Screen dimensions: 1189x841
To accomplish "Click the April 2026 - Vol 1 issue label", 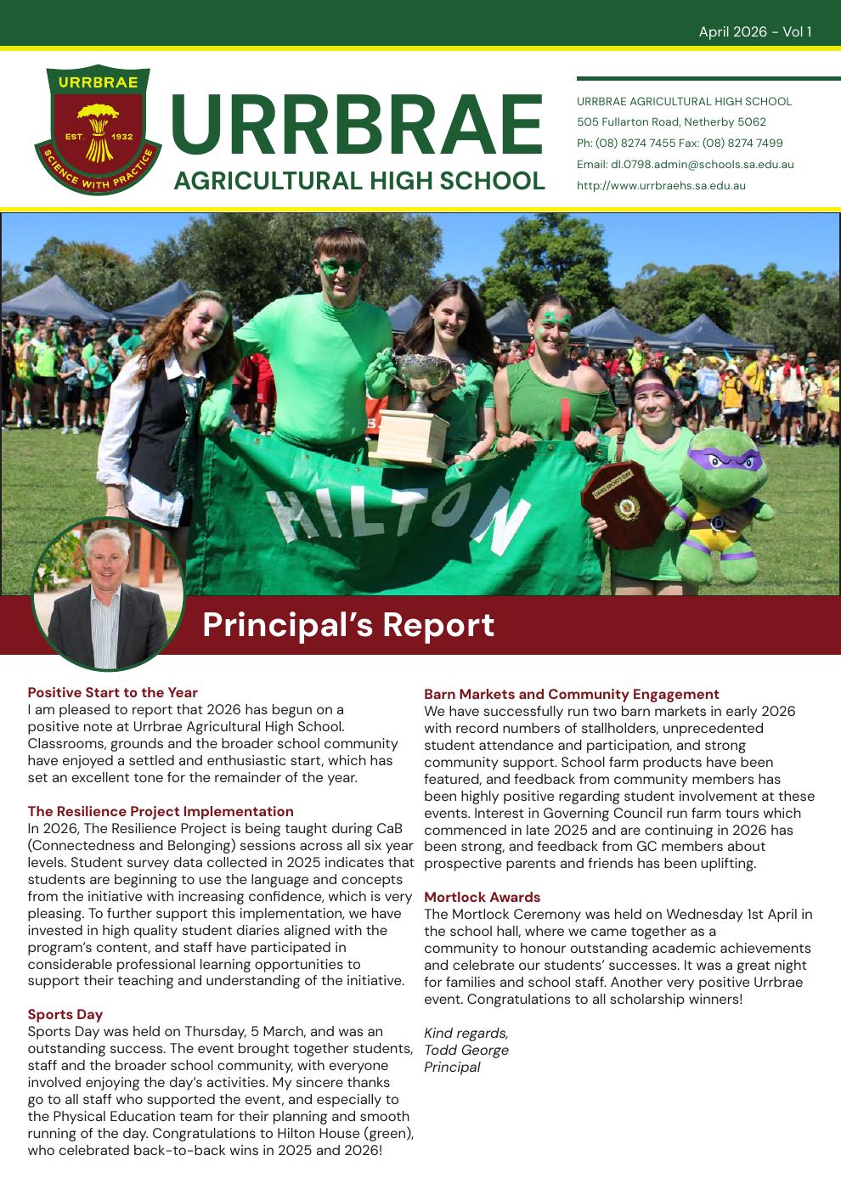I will click(x=754, y=32).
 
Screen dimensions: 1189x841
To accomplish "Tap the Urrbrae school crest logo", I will click(x=98, y=129).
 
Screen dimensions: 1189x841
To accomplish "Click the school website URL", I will click(x=661, y=185).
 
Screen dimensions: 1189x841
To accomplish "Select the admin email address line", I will click(x=685, y=164).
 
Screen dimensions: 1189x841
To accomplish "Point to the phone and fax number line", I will click(x=680, y=143).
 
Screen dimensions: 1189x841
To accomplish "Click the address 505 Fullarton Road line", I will click(x=671, y=121).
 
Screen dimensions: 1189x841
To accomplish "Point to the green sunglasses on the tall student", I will click(x=341, y=267).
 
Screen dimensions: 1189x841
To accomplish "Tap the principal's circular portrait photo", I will click(x=108, y=593).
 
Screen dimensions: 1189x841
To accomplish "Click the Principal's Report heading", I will click(x=348, y=624).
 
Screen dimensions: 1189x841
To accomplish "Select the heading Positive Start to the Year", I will click(x=112, y=692).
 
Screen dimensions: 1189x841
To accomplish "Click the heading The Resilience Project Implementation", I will click(x=161, y=811).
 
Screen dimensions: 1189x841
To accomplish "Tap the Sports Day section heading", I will click(x=65, y=1014).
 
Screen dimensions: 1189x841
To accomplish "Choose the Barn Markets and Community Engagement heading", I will click(x=572, y=694).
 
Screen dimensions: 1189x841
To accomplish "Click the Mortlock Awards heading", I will click(x=482, y=897).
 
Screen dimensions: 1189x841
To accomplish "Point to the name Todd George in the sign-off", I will click(x=466, y=1050).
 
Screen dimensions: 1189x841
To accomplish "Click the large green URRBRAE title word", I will click(x=357, y=126).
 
